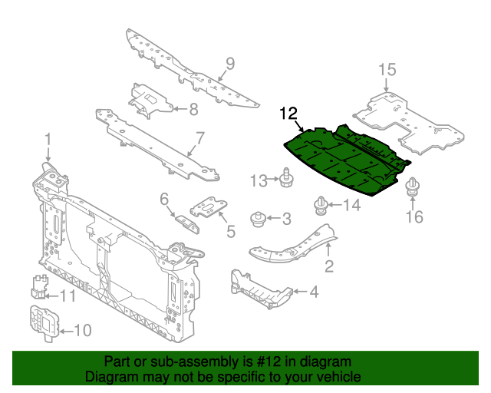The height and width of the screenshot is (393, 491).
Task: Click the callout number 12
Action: [x=288, y=114]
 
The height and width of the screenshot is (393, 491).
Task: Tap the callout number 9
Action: [x=229, y=63]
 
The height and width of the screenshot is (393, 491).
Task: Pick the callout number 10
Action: [x=81, y=331]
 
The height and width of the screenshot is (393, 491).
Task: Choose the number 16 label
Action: [x=414, y=217]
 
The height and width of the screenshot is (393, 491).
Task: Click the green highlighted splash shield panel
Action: [x=345, y=161]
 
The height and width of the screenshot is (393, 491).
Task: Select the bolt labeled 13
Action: [x=286, y=178]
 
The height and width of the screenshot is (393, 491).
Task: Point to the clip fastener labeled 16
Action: [x=414, y=187]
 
